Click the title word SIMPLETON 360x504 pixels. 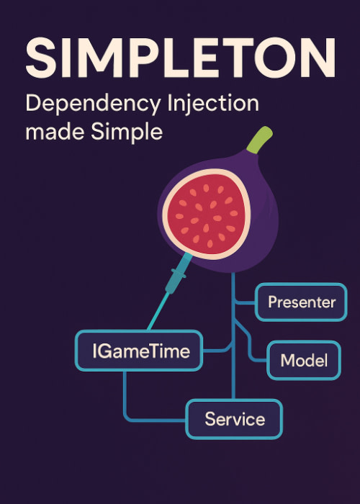pos(181,58)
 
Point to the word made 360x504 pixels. pos(55,132)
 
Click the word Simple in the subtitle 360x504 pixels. pos(127,132)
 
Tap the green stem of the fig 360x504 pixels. pos(259,140)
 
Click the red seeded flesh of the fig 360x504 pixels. pos(206,215)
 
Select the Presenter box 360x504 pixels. pos(301,302)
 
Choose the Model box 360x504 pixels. pos(304,360)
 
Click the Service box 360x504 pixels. pos(234,419)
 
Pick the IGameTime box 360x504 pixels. pos(139,351)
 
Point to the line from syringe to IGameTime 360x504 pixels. pos(158,311)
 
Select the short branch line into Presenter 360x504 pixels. pos(245,302)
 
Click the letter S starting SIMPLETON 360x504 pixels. pos(41,58)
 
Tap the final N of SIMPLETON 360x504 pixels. pos(318,58)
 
